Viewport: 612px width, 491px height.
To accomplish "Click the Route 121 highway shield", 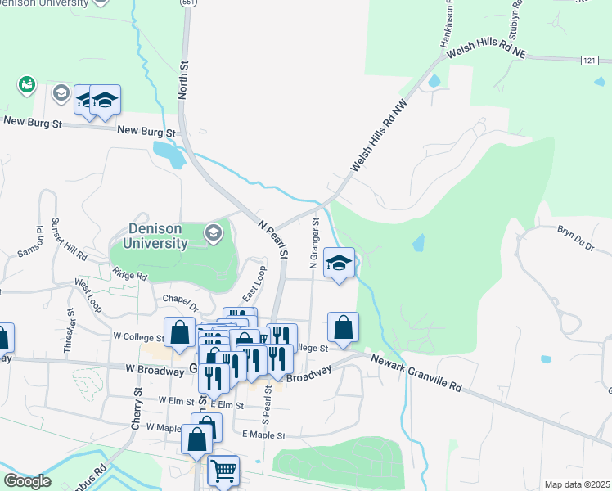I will point(590,61).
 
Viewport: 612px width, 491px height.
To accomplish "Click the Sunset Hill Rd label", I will point(70,239).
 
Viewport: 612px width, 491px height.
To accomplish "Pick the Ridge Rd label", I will point(129,275).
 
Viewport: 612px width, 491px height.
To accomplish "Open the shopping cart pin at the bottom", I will point(223,471).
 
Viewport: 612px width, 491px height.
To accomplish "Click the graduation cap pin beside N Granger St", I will point(339,263).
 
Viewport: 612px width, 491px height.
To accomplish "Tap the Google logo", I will point(27,481).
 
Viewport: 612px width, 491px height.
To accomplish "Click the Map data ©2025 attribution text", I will point(576,484).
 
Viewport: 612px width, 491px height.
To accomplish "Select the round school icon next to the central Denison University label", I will point(214,234).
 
